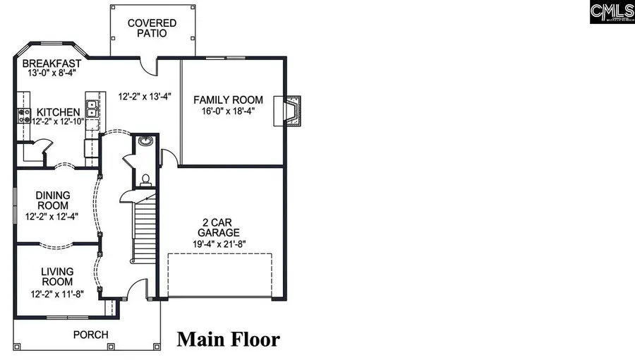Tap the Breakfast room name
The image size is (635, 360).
51,63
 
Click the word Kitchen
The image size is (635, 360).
59,112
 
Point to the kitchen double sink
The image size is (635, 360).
92,109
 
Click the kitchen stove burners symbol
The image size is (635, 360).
23,115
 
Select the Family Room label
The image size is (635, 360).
229,100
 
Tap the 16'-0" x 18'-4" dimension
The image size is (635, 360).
229,110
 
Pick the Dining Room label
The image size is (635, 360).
52,200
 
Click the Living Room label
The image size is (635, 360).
57,276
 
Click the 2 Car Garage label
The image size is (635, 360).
219,227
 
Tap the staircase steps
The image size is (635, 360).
145,229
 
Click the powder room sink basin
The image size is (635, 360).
145,140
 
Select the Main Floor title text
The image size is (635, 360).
228,340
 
